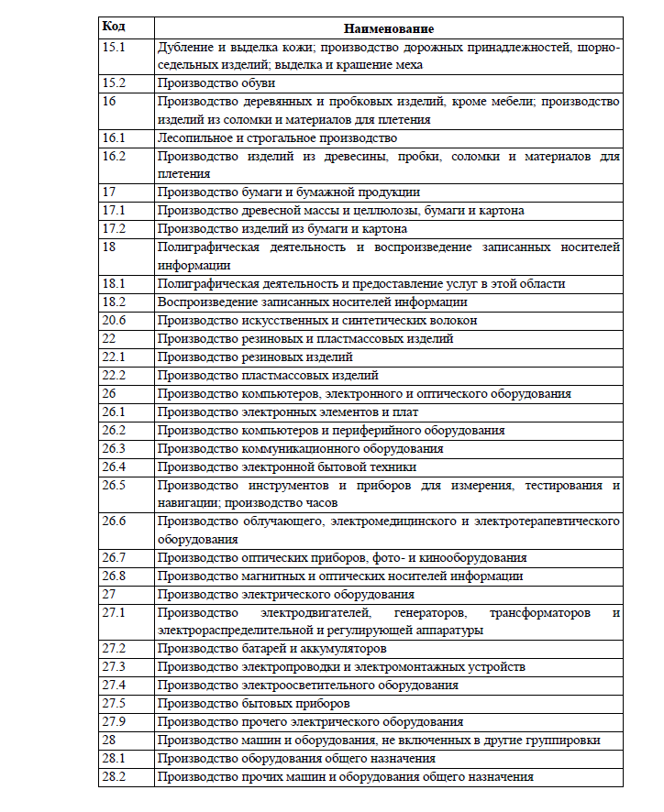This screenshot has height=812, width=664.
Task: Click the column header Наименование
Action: coord(389,29)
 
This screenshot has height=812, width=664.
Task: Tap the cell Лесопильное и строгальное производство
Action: coord(277,137)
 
